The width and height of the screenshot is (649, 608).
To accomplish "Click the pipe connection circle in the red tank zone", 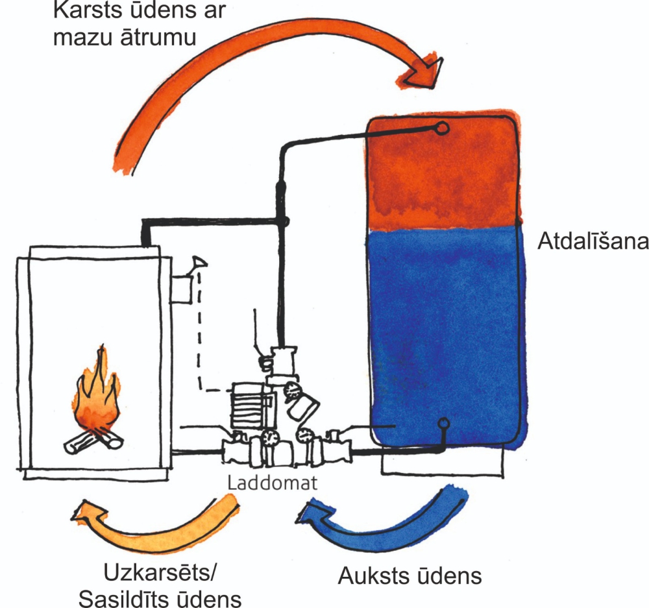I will pos(442,128).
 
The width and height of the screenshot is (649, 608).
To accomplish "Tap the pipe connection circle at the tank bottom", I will pos(443,425).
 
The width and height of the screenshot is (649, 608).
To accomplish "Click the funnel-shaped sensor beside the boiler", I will pos(197,263).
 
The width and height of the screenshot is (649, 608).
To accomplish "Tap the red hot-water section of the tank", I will pos(441,175).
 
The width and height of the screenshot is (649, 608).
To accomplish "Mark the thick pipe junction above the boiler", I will pos(282,223).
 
